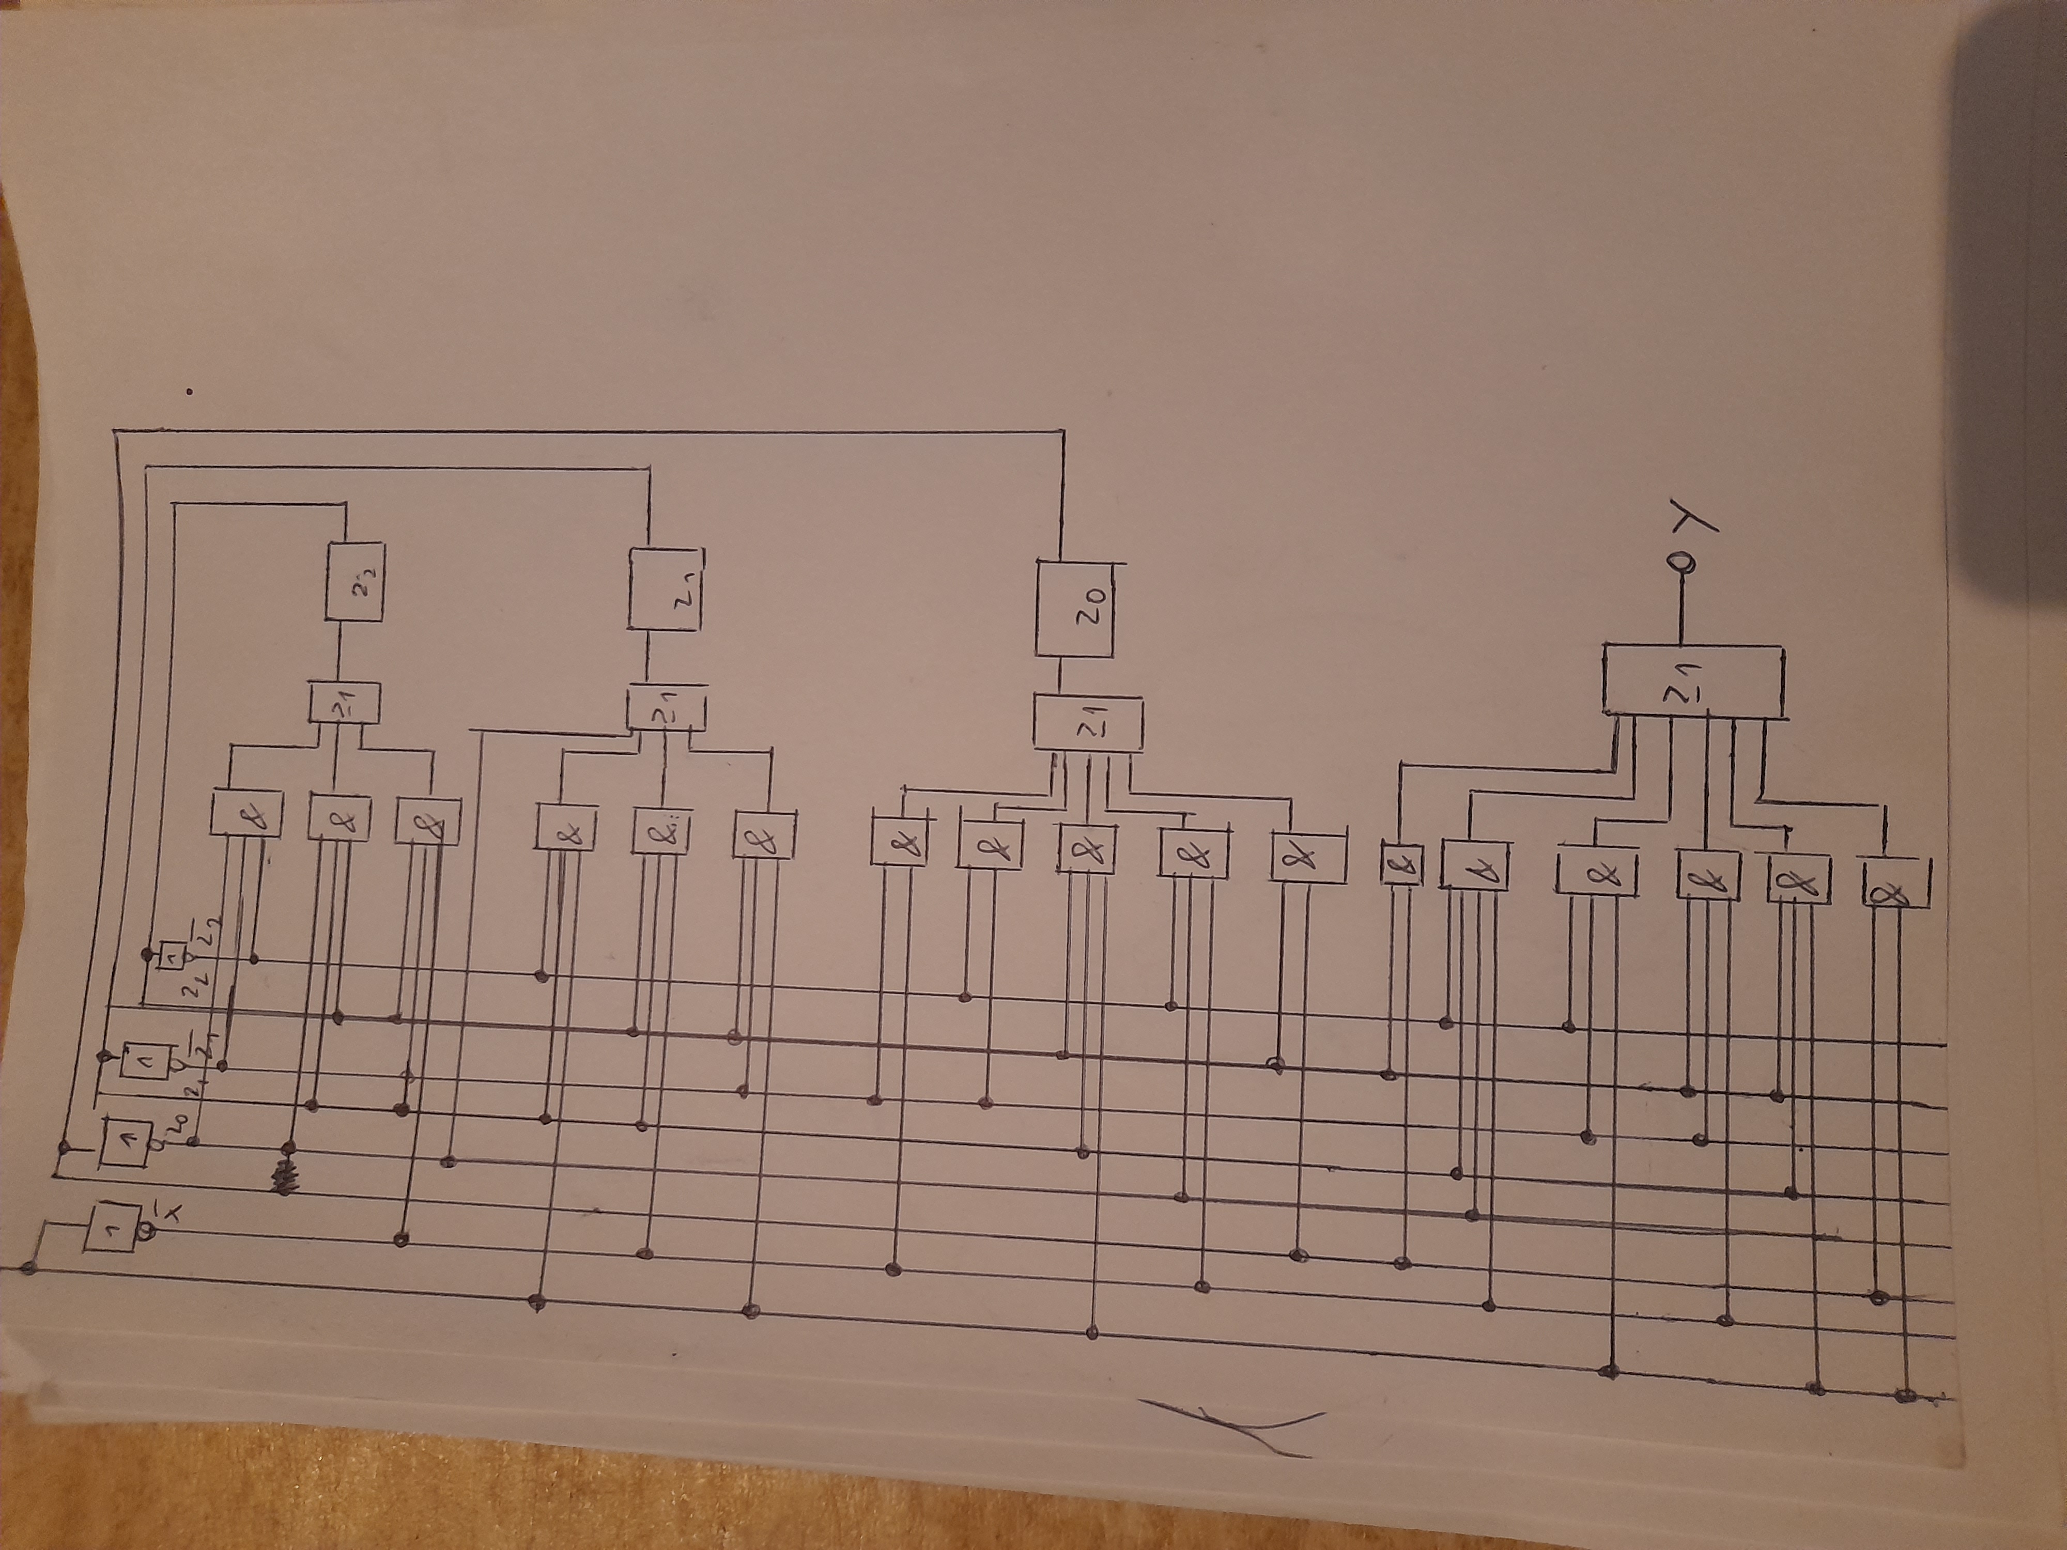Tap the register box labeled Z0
click(x=1075, y=607)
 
